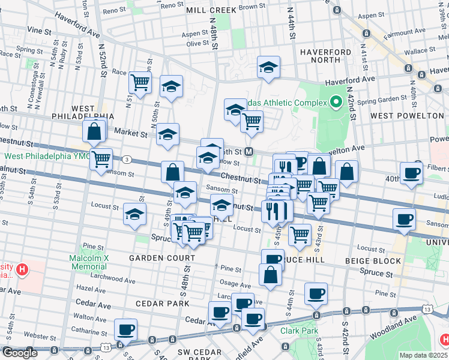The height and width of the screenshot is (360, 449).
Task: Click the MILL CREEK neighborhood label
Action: point(212,10)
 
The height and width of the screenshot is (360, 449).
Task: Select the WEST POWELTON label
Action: point(407,115)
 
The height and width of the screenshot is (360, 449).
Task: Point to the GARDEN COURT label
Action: point(162,258)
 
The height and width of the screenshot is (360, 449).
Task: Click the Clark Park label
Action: point(298,330)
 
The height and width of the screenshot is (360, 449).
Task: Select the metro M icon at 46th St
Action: point(249,152)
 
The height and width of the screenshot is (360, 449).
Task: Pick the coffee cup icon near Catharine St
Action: point(126,329)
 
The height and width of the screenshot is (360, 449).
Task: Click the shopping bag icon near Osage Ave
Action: point(271,275)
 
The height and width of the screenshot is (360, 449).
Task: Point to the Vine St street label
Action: point(38,29)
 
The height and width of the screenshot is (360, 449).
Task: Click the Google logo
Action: point(20,352)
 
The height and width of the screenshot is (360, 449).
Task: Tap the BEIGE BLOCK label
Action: point(373,261)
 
